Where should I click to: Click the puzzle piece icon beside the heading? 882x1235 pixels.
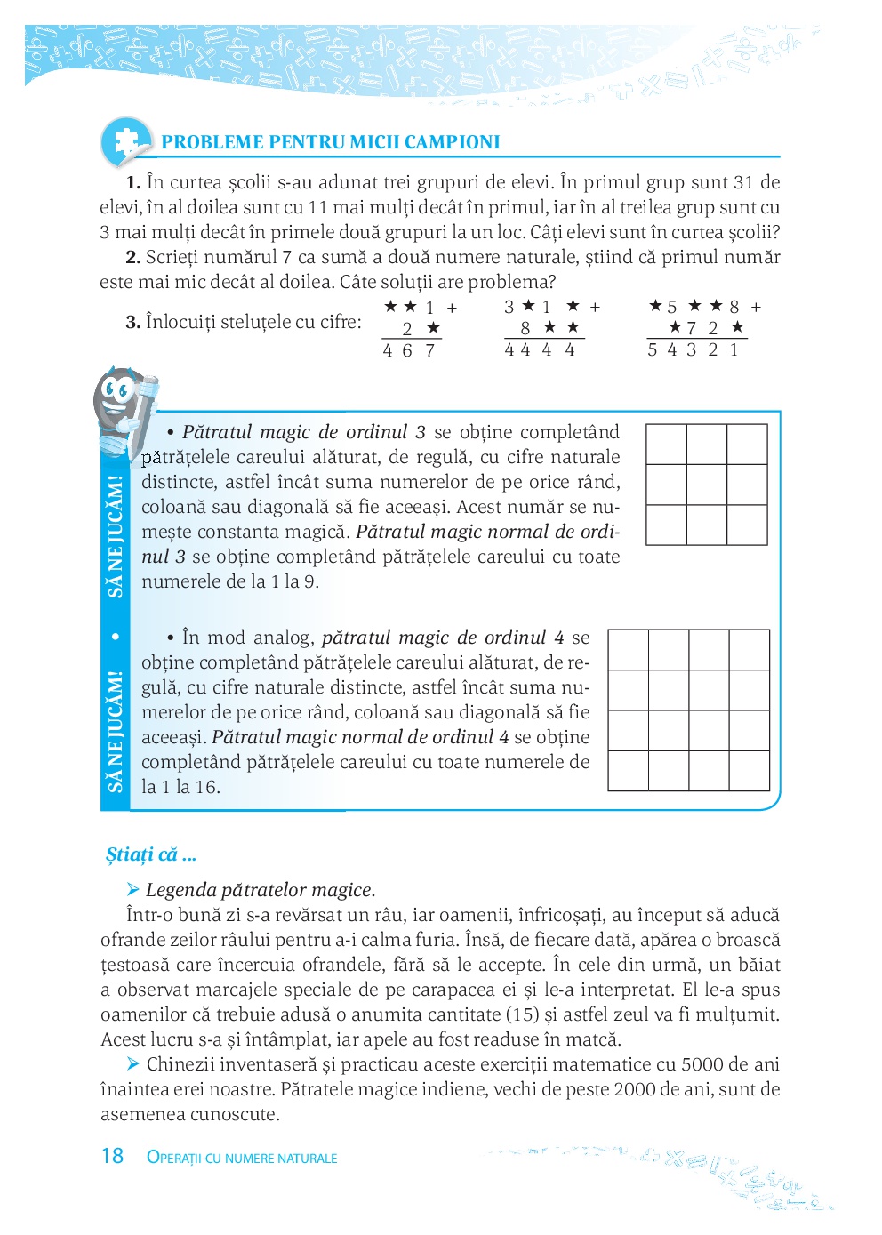pyautogui.click(x=125, y=141)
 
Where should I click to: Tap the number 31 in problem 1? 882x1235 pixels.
pyautogui.click(x=743, y=183)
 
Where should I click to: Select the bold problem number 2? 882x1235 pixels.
pyautogui.click(x=132, y=258)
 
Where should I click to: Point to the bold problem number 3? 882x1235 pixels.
pyautogui.click(x=132, y=322)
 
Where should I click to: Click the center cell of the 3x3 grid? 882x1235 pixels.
pyautogui.click(x=707, y=485)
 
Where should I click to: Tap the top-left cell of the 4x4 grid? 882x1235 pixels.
pyautogui.click(x=629, y=650)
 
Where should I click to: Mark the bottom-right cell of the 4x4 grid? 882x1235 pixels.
pyautogui.click(x=750, y=771)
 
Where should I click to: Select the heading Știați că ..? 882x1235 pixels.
pyautogui.click(x=150, y=855)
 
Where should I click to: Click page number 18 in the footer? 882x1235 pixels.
pyautogui.click(x=112, y=1156)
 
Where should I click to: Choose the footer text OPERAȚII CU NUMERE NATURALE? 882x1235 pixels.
pyautogui.click(x=242, y=1158)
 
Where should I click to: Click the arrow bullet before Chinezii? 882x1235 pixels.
pyautogui.click(x=133, y=1064)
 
